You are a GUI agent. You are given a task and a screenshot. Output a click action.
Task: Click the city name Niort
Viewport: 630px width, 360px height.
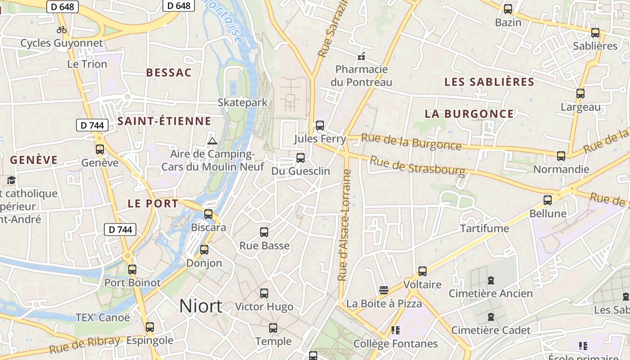coord(201,306)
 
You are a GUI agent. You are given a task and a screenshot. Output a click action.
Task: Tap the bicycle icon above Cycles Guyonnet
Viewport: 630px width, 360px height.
coord(62,30)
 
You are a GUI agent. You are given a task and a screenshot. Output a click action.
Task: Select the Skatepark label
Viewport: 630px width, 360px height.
coord(243,102)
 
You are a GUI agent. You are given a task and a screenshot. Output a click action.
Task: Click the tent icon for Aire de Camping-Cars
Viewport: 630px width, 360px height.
coord(212,141)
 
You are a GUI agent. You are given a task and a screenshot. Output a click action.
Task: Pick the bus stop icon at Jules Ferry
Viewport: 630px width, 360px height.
coord(320,126)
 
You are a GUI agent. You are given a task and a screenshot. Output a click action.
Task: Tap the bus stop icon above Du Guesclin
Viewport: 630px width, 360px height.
coord(301,158)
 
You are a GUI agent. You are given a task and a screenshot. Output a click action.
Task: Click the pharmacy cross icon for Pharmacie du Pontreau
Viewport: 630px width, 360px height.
coord(361,57)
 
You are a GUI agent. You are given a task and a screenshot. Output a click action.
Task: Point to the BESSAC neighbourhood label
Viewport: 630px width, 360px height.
coord(169,72)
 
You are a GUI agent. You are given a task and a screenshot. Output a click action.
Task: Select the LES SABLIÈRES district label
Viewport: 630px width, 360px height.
coord(489,82)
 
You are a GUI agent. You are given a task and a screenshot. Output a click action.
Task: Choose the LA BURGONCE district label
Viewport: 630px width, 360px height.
coord(469,114)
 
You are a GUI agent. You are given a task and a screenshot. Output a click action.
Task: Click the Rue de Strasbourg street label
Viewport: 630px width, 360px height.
coord(417,166)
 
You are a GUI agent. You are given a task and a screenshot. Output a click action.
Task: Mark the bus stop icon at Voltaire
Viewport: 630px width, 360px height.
coord(423,271)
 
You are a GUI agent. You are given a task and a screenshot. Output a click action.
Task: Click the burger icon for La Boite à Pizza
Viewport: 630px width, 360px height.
coord(384,290)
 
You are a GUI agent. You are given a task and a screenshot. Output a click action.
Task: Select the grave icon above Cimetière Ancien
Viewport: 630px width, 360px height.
coord(491,281)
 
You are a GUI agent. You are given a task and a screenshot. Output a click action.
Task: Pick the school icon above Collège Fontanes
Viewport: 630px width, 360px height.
coord(396,331)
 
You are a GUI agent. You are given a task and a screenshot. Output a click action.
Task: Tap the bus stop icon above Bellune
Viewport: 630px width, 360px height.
coord(548,200)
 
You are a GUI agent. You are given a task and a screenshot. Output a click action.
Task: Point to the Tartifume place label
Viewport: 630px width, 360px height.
coord(485,229)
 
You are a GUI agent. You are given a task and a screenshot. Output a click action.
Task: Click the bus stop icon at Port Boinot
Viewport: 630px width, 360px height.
coord(132,270)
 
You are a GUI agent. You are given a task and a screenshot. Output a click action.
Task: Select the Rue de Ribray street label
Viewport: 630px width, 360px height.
coord(85,345)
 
